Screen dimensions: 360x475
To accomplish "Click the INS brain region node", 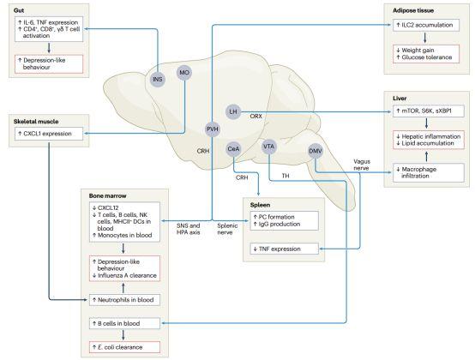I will pyautogui.click(x=157, y=81).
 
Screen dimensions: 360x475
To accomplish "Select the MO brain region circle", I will pyautogui.click(x=183, y=73).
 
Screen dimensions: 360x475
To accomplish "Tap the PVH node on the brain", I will pyautogui.click(x=213, y=129).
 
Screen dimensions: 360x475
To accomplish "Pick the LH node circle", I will pyautogui.click(x=232, y=111).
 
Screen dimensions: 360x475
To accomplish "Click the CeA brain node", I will pyautogui.click(x=234, y=149).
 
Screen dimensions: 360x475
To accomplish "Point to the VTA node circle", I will pyautogui.click(x=269, y=144).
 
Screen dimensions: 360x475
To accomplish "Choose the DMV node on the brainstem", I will pyautogui.click(x=315, y=151).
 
